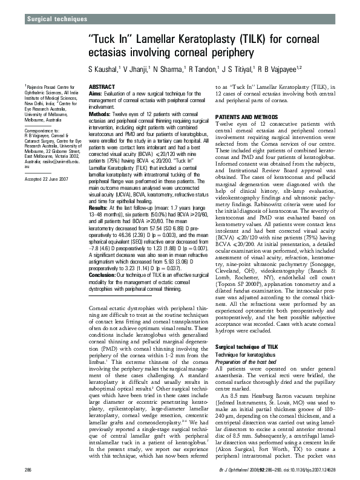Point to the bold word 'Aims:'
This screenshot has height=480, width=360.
point(96,95)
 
